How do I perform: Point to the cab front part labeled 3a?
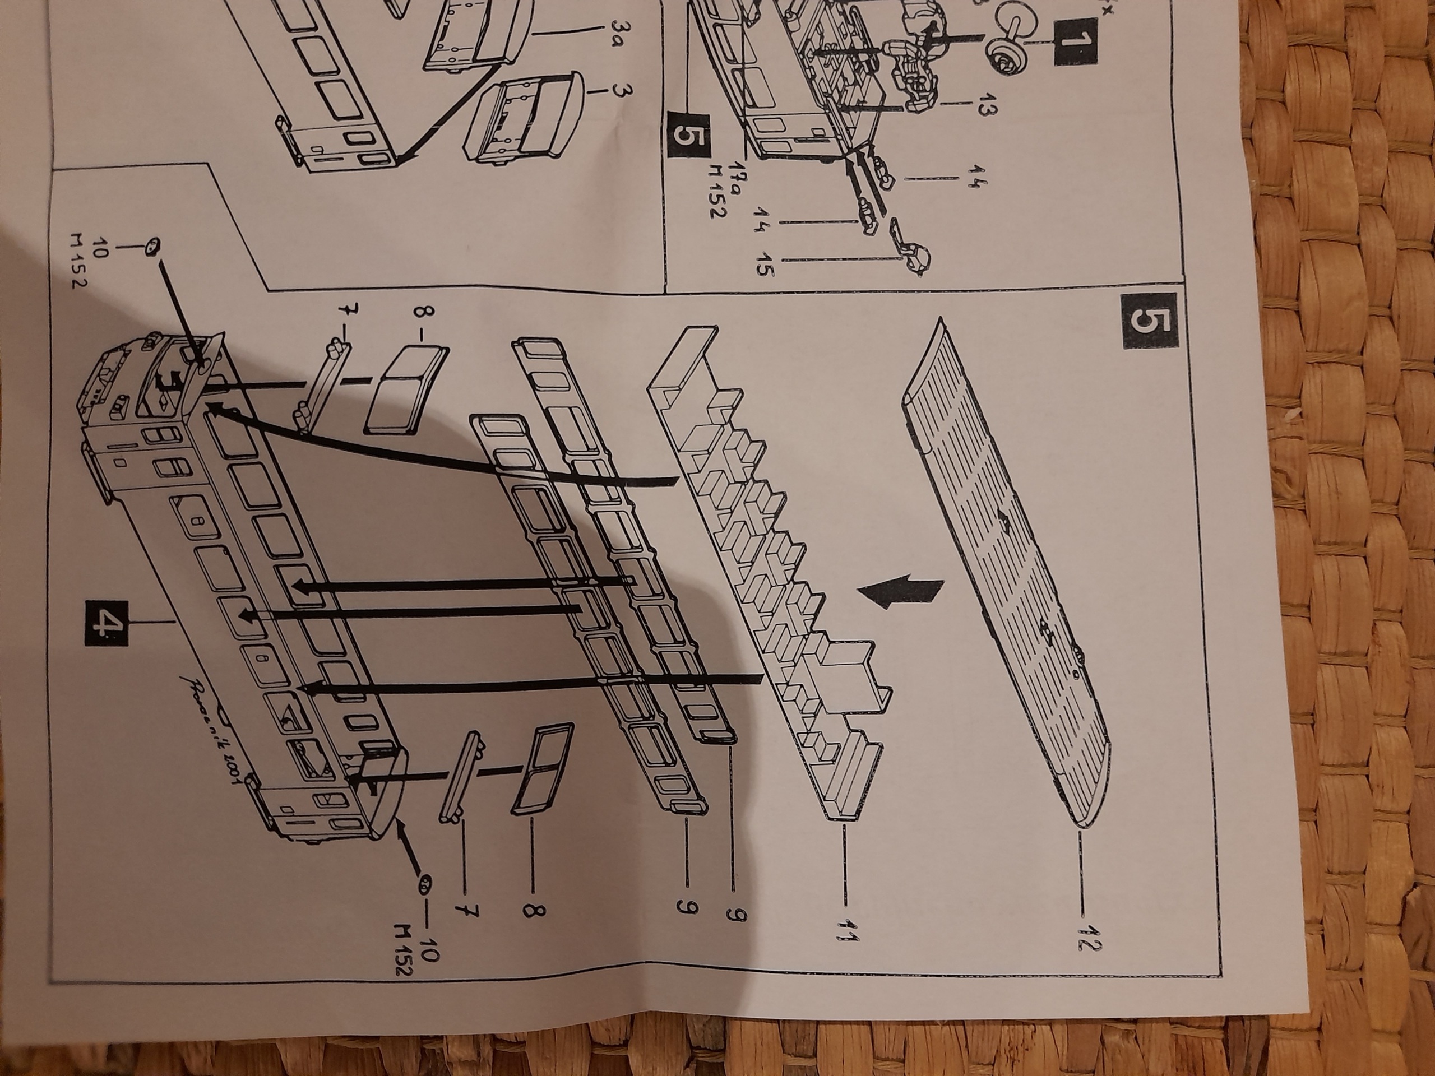tap(477, 39)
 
